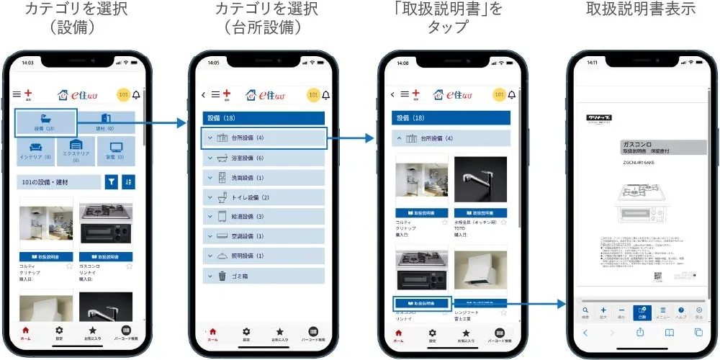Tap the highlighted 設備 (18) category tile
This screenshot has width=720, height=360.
(x=46, y=122)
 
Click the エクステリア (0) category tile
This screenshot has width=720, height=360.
(x=76, y=150)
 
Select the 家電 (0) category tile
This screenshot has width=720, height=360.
(x=116, y=150)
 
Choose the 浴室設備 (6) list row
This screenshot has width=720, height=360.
(x=264, y=158)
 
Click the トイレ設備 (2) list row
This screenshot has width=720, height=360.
(x=264, y=197)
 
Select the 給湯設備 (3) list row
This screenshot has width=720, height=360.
(x=264, y=216)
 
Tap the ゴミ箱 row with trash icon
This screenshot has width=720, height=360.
(x=264, y=275)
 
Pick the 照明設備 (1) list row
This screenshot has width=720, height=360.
(x=264, y=256)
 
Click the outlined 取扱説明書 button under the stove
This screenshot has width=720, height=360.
(x=423, y=303)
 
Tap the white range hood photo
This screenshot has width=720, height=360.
(x=481, y=269)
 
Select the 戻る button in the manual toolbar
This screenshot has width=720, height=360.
(x=699, y=312)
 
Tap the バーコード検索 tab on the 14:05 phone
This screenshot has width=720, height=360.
(x=314, y=333)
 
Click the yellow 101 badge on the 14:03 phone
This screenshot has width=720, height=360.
(x=122, y=94)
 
